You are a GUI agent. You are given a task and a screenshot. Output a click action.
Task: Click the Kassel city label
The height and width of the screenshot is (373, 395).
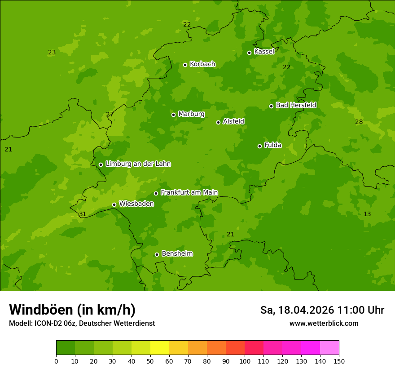pyautogui.click(x=264, y=52)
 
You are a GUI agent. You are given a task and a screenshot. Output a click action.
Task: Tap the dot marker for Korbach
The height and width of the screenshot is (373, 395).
pyautogui.click(x=185, y=65)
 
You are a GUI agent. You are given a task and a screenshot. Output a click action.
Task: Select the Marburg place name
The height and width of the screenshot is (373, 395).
pyautogui.click(x=191, y=114)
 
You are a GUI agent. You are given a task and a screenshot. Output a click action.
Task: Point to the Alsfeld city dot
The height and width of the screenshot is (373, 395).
pyautogui.click(x=218, y=122)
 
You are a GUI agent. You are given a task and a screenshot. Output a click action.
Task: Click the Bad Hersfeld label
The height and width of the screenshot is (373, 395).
pyautogui.click(x=296, y=105)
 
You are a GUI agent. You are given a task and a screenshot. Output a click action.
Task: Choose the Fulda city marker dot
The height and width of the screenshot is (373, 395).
pyautogui.click(x=259, y=146)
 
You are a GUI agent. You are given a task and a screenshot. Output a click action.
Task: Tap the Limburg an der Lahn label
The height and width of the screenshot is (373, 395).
pyautogui.click(x=138, y=164)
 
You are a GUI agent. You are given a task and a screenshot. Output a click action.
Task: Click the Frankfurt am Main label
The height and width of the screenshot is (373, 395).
pyautogui.click(x=189, y=192)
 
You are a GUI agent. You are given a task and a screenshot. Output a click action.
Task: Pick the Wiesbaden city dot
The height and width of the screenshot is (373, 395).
pyautogui.click(x=114, y=204)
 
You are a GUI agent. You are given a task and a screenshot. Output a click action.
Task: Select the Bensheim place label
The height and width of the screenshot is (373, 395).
pyautogui.click(x=177, y=253)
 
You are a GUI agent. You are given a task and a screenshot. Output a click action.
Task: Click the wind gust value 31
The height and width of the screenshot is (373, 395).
pyautogui.click(x=83, y=214)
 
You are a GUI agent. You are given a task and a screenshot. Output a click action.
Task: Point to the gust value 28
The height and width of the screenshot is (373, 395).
pyautogui.click(x=359, y=122)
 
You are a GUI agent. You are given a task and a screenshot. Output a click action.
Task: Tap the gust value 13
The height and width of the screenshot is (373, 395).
pyautogui.click(x=367, y=214)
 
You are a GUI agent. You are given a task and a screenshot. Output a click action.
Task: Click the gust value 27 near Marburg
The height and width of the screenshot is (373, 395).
pyautogui.click(x=110, y=114)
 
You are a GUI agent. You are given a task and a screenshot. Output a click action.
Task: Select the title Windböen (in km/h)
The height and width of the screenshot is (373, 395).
pyautogui.click(x=72, y=310)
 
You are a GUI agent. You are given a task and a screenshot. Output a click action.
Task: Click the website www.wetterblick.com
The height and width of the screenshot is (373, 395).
pyautogui.click(x=324, y=324)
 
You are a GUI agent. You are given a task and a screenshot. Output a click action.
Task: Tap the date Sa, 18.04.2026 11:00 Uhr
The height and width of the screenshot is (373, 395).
pyautogui.click(x=322, y=310)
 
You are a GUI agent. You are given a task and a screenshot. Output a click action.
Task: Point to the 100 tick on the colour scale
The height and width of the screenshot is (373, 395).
pyautogui.click(x=245, y=361)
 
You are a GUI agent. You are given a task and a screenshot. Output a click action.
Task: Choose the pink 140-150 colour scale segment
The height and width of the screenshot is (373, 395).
pyautogui.click(x=329, y=348)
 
